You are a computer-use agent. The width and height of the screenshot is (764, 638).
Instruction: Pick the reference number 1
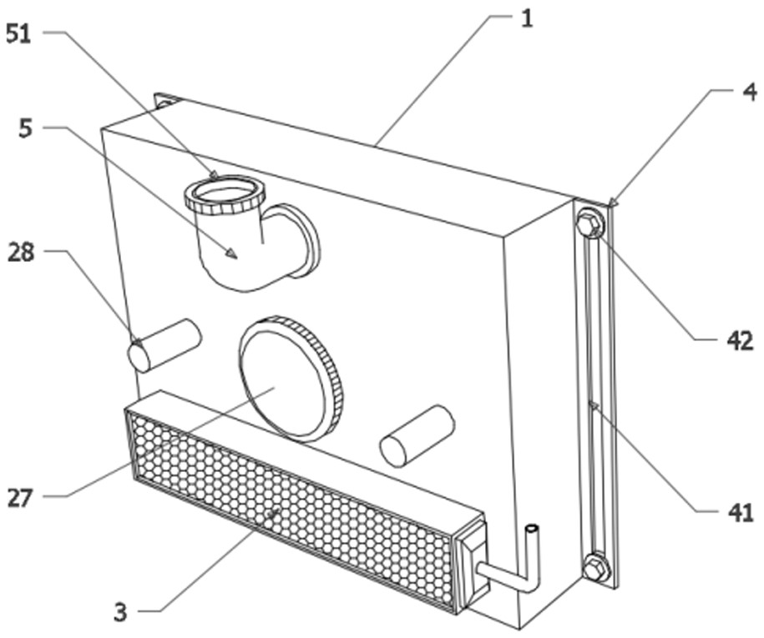click(526, 19)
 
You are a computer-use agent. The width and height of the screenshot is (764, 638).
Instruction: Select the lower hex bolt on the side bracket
click(595, 569)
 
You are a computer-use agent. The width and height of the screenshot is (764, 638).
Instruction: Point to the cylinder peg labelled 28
click(164, 344)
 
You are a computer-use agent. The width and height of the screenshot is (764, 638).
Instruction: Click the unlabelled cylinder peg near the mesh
click(417, 435)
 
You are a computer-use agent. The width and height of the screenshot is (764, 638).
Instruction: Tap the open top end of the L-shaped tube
click(531, 529)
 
